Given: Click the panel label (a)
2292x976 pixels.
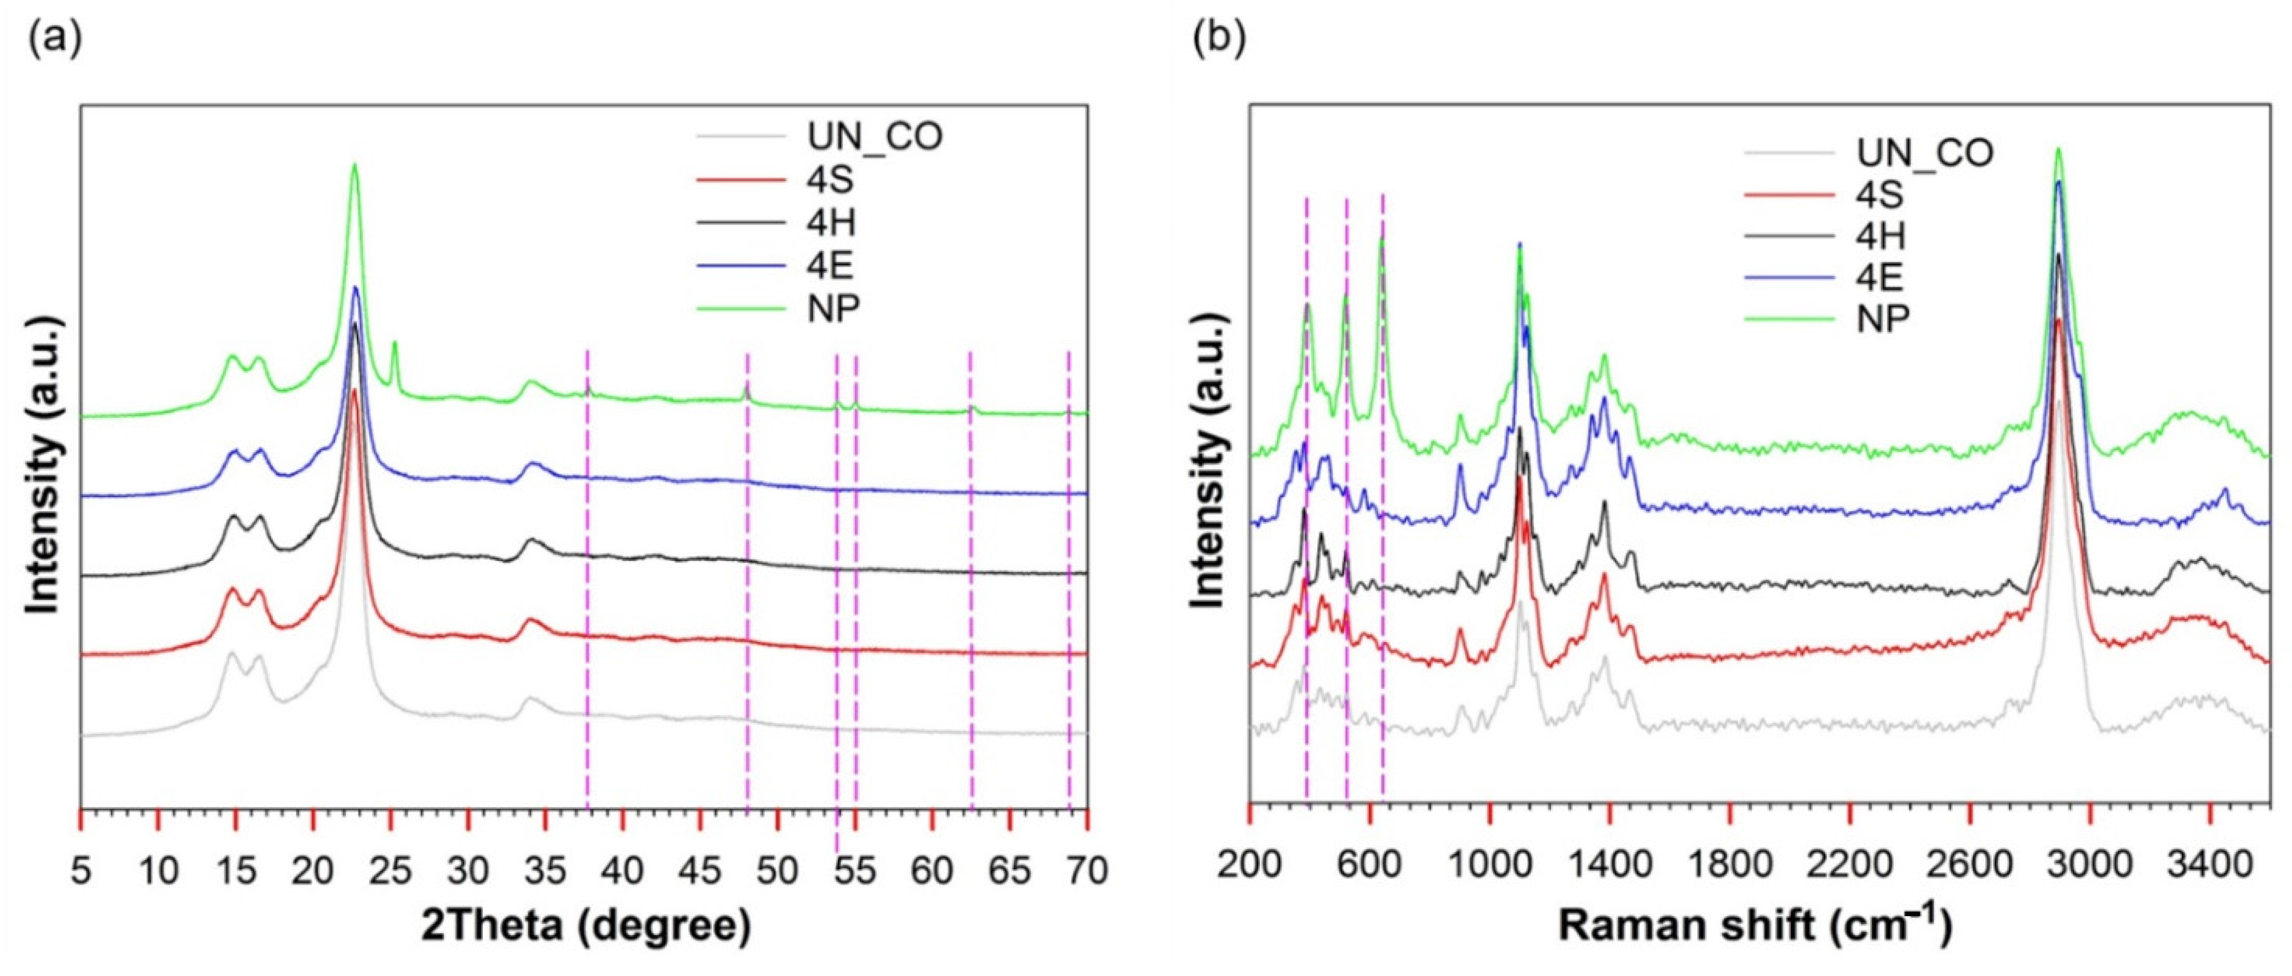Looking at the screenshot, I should pos(55,39).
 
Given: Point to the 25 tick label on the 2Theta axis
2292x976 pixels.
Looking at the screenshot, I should pos(390,870).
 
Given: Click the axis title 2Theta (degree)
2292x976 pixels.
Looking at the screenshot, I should pos(586,925).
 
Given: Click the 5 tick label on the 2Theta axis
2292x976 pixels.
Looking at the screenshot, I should pos(81,870).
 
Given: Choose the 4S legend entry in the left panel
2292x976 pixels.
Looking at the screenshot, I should pos(829,180).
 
